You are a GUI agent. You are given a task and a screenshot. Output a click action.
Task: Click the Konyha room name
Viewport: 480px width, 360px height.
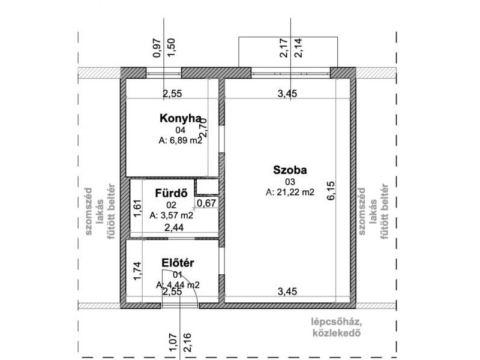tap(181, 118)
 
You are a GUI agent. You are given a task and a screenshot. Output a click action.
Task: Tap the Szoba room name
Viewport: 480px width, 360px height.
tap(290, 170)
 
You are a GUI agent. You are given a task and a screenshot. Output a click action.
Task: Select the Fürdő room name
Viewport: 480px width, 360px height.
tap(171, 193)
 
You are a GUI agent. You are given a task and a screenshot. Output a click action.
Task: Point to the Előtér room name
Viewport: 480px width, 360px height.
tap(178, 263)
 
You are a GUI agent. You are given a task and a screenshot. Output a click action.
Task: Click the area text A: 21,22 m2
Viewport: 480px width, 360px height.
tap(290, 192)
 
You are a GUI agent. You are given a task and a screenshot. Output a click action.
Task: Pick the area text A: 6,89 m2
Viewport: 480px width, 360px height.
tap(181, 140)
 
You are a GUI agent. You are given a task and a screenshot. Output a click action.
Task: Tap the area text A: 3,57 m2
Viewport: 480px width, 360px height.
tap(172, 215)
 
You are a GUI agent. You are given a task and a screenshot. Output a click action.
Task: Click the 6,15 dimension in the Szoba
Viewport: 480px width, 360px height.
tap(331, 191)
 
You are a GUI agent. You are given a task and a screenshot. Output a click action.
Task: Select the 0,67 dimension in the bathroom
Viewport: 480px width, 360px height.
tap(206, 203)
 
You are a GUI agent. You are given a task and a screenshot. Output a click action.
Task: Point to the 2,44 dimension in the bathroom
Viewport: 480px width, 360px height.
tap(174, 227)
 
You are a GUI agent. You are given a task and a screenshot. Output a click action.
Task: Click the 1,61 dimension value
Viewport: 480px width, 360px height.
tap(137, 208)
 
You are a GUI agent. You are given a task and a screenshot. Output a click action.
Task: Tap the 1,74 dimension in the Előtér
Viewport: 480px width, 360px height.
tap(137, 271)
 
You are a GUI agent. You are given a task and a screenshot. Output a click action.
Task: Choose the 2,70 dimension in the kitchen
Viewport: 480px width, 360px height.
tap(203, 127)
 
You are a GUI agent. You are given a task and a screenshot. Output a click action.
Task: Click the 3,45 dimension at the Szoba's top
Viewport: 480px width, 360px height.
tap(287, 94)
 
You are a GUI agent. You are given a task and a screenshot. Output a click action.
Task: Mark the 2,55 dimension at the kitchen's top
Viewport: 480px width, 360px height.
tap(172, 94)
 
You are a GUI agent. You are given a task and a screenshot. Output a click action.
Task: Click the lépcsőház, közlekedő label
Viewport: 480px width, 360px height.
tap(337, 327)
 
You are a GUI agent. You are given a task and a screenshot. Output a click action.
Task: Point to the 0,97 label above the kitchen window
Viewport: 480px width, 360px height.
tap(157, 48)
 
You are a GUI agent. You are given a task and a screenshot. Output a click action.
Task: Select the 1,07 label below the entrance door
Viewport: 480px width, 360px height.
tap(173, 343)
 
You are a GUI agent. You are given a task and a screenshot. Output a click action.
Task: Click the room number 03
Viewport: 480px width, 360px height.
tap(290, 182)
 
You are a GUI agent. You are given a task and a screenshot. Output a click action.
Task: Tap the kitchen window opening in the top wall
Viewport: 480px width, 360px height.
tap(164, 73)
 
